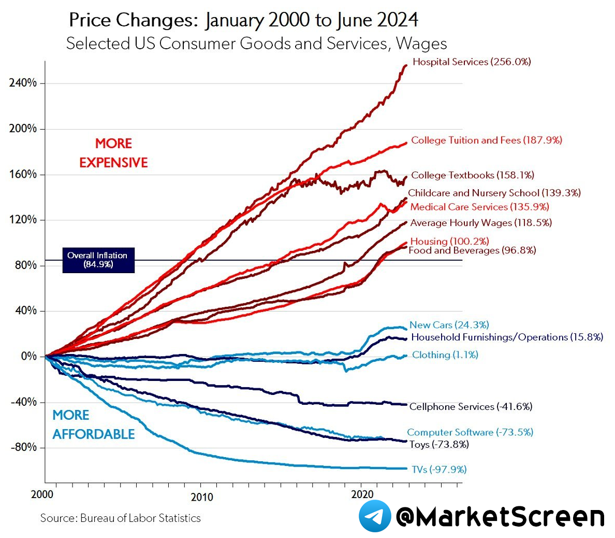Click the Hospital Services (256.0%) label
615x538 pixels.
click(x=472, y=62)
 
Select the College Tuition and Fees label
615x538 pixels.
click(x=486, y=140)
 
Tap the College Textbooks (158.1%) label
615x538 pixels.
click(x=472, y=175)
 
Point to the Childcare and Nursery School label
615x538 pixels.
click(x=494, y=193)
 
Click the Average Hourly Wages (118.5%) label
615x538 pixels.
click(x=480, y=223)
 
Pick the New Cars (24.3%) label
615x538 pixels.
click(x=449, y=325)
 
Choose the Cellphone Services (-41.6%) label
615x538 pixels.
click(x=471, y=406)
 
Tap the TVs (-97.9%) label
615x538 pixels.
click(x=439, y=470)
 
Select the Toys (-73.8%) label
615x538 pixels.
click(x=439, y=444)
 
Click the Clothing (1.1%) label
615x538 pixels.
click(x=445, y=355)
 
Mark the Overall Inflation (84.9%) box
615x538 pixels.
click(x=98, y=260)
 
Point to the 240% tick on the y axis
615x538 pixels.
click(x=23, y=83)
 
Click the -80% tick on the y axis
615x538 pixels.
click(x=23, y=447)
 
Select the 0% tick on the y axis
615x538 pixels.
click(x=29, y=356)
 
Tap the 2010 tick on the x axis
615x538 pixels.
click(x=201, y=497)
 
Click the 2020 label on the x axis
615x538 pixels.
click(x=362, y=494)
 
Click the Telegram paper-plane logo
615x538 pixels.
click(x=375, y=516)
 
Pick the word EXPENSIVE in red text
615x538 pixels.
click(x=113, y=163)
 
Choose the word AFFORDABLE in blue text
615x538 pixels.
click(x=93, y=434)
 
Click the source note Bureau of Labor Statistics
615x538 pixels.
click(x=120, y=518)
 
